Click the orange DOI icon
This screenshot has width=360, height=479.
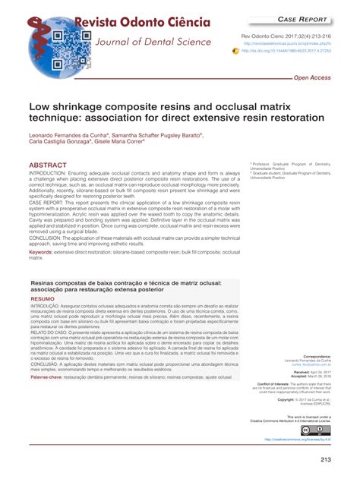pos(236,54)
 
